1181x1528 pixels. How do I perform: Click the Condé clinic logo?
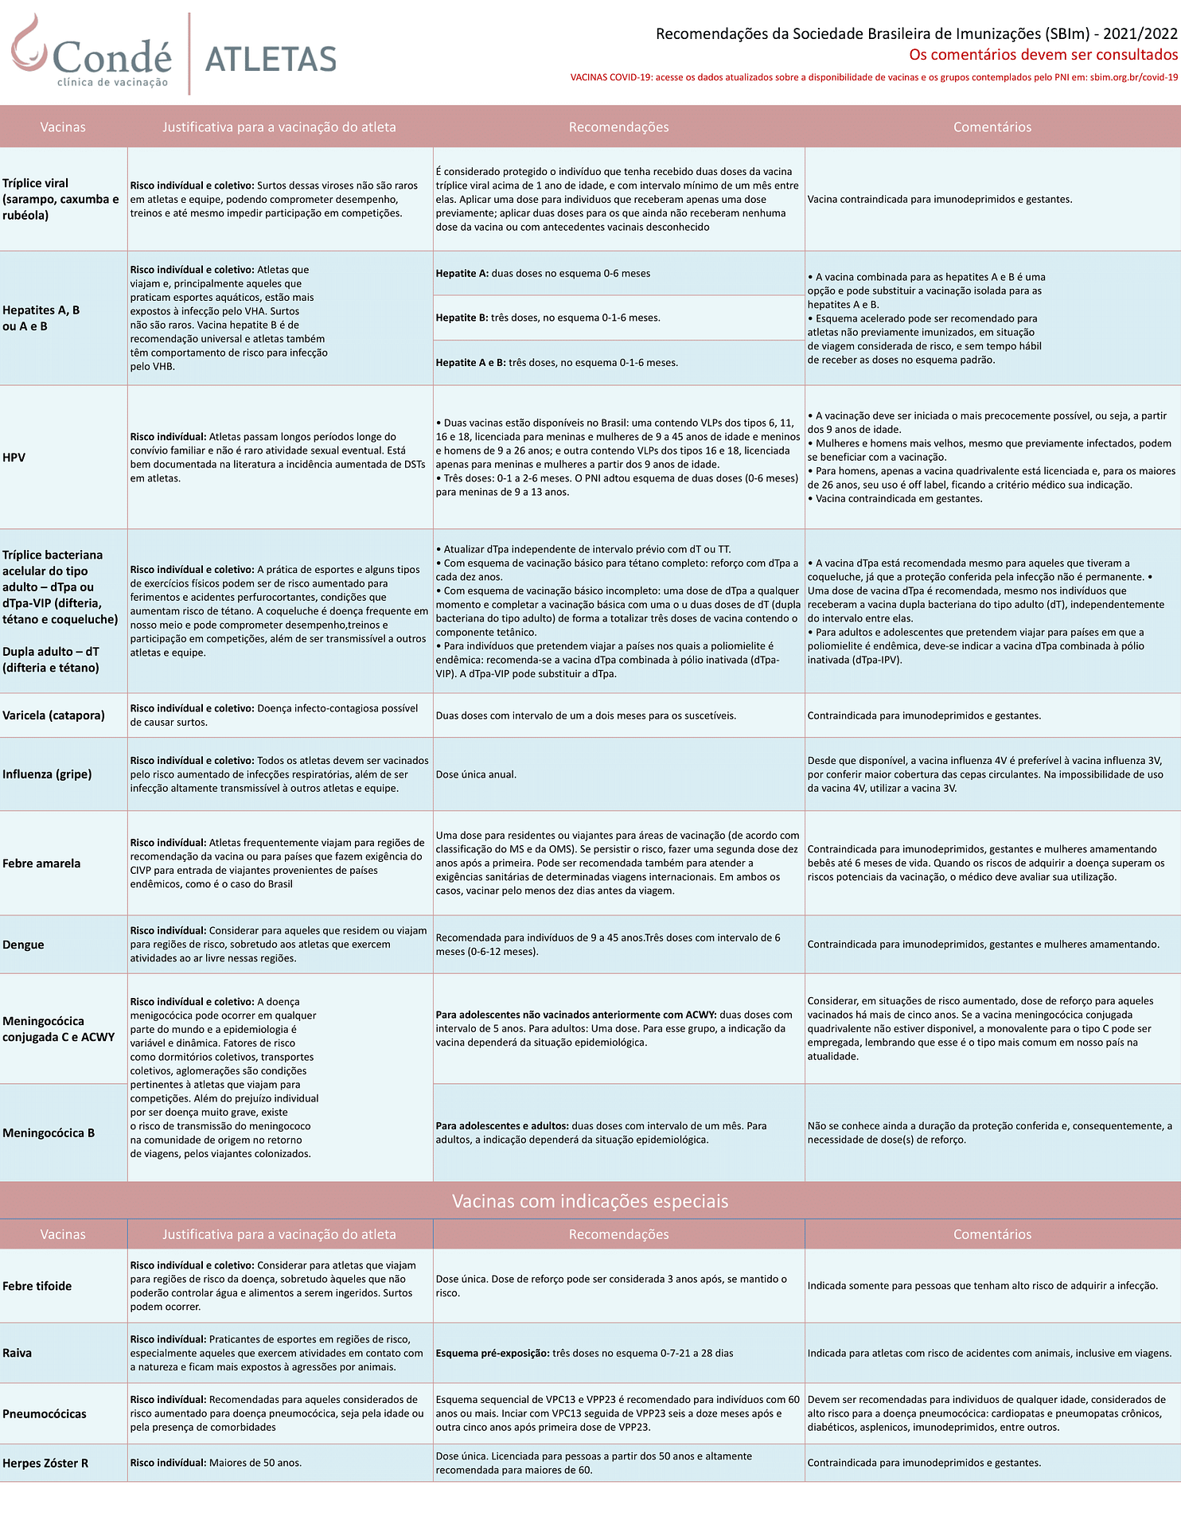point(91,54)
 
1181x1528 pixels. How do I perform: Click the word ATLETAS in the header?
point(271,60)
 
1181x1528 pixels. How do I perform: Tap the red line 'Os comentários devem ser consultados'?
point(1043,55)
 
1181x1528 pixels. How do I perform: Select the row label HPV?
point(14,458)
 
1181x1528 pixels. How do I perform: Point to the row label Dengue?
point(23,945)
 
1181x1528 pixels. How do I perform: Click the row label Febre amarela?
point(41,863)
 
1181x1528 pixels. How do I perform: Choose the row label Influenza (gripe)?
point(47,774)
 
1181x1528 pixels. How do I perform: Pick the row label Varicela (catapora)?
point(53,715)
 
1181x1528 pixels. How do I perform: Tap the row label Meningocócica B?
point(49,1133)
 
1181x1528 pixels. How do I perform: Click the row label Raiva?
point(18,1353)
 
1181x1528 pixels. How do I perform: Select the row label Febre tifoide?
point(37,1286)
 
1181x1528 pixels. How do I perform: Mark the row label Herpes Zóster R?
point(45,1463)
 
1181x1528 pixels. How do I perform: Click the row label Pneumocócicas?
point(45,1413)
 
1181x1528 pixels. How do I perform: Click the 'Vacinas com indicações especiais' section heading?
point(590,1201)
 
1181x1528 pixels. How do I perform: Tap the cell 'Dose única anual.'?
point(476,774)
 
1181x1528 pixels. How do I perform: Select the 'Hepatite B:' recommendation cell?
point(548,318)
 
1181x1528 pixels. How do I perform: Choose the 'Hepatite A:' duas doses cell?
point(543,274)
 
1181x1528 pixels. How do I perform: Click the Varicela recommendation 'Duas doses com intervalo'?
point(586,715)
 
